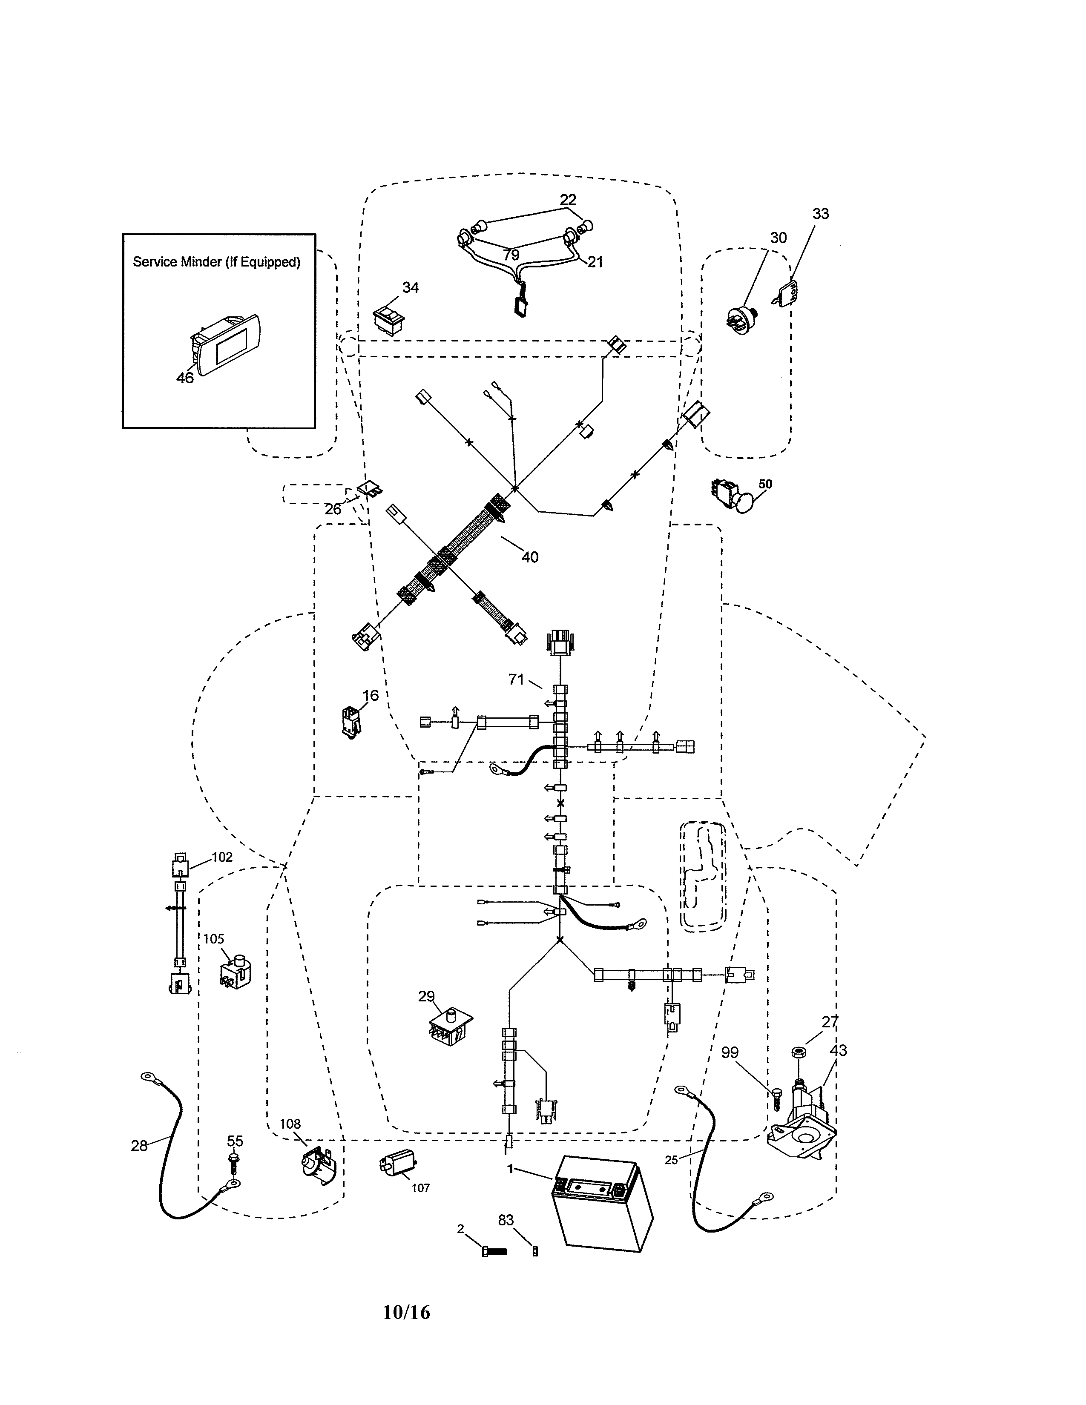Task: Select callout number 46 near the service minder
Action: (x=185, y=378)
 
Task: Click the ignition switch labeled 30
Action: (x=743, y=320)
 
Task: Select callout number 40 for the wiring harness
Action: (x=529, y=557)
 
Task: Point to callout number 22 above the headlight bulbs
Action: (x=567, y=200)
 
